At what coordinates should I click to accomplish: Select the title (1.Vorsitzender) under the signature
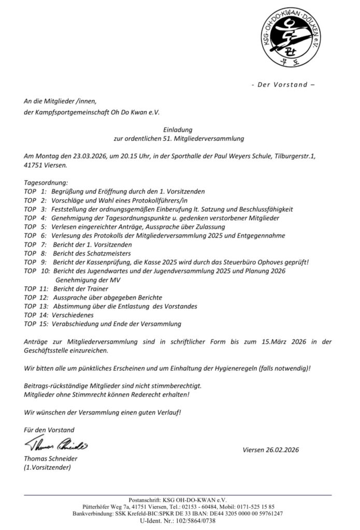click(x=47, y=467)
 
